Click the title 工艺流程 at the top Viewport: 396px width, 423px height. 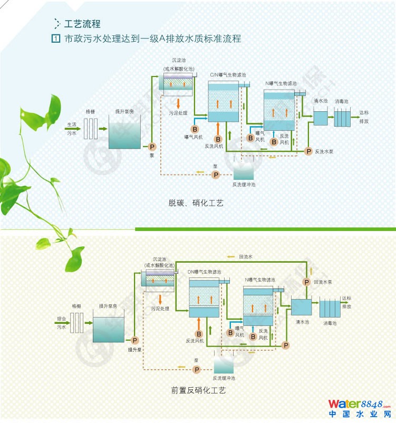click(x=82, y=24)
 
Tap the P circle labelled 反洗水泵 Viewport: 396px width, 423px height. click(x=308, y=151)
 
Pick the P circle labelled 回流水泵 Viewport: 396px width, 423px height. click(x=306, y=282)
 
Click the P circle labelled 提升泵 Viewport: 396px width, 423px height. click(x=134, y=340)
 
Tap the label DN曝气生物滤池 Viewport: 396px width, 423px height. click(x=206, y=272)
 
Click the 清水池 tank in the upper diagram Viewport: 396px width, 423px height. click(x=321, y=117)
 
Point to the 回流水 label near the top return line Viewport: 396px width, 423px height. click(x=246, y=257)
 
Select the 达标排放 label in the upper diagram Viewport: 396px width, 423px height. click(x=364, y=117)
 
